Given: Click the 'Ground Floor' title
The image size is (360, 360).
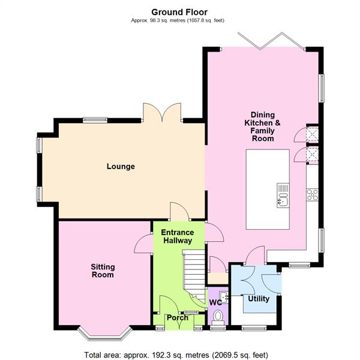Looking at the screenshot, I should (x=179, y=11).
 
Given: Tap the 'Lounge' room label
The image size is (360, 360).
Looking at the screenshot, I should (x=121, y=167).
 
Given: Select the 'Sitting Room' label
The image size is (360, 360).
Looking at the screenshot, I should (x=103, y=271).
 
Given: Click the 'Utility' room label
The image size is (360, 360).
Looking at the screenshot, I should (x=259, y=299).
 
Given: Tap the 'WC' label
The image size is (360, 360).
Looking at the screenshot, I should (x=214, y=302).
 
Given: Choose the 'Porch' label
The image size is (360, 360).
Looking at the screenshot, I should (x=177, y=318).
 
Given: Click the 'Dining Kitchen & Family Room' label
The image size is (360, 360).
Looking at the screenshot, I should (x=262, y=126).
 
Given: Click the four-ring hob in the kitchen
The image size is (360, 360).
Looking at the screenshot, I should (x=312, y=194).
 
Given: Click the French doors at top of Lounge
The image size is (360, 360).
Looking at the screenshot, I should (x=162, y=112).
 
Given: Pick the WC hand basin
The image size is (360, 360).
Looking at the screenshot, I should (x=224, y=296).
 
